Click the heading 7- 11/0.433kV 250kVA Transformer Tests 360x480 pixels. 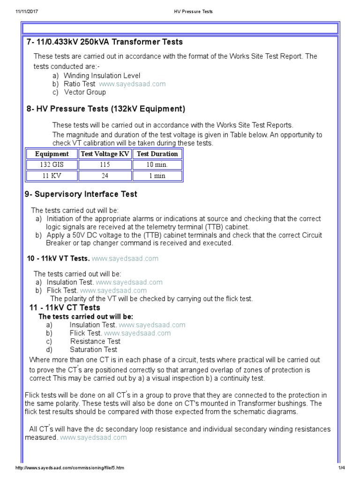point(105,42)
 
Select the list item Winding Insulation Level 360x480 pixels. point(102,75)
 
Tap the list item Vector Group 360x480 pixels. point(85,92)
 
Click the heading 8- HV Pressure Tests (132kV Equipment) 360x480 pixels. point(106,109)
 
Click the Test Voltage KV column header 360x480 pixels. point(105,154)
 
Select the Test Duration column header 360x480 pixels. point(157,154)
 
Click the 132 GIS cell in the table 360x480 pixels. point(52,165)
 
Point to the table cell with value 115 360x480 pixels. point(105,165)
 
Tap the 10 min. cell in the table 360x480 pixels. point(157,165)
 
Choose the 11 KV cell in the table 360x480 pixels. point(52,176)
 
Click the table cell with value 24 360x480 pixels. point(105,176)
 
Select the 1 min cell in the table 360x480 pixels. point(157,176)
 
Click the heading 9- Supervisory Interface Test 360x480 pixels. point(81,194)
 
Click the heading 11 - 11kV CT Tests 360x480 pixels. point(65,307)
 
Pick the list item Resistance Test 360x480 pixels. point(95,341)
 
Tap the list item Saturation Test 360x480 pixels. point(93,350)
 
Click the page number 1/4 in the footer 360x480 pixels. point(341,468)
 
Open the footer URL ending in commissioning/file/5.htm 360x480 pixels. point(70,468)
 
